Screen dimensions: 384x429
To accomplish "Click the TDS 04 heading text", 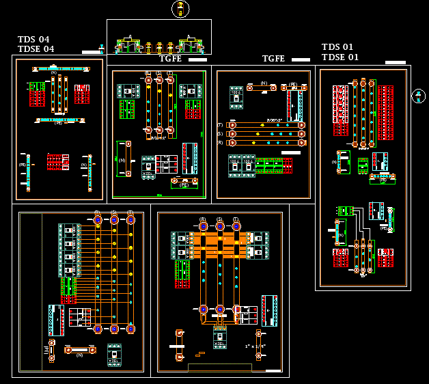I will tap(33, 39).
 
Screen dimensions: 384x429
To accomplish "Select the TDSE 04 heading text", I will tap(36, 49).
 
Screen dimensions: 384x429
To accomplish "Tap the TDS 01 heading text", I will tap(337, 46).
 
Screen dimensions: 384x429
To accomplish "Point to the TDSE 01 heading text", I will tap(340, 57).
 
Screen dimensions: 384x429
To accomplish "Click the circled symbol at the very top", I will tap(180, 9).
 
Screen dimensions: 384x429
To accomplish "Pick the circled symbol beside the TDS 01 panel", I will tap(419, 96).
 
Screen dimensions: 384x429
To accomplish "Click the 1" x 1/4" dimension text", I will tap(254, 347).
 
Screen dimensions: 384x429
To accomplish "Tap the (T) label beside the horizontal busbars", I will tap(220, 125).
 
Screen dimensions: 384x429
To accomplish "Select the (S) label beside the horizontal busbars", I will tap(220, 134).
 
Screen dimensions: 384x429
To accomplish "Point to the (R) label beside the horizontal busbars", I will tap(220, 143).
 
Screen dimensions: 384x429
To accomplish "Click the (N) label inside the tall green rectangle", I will tap(122, 160).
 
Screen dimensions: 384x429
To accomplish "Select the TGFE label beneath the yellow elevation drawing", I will tap(171, 59).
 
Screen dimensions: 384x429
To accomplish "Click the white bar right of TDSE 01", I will tap(395, 62).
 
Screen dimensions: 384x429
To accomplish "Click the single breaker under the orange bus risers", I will tap(219, 337).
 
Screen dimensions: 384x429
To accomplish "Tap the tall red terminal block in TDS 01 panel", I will tap(385, 103).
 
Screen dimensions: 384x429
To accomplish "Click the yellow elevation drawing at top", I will tap(159, 45).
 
